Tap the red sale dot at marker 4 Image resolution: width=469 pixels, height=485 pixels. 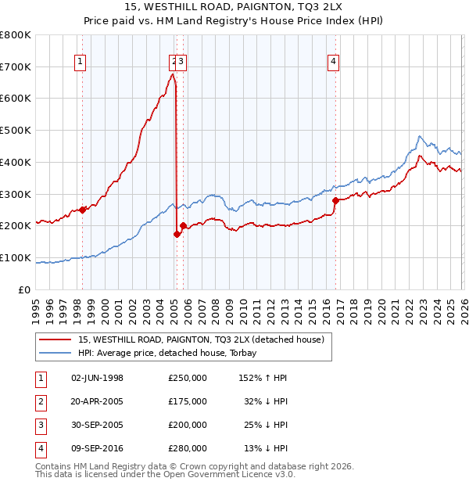tap(335, 200)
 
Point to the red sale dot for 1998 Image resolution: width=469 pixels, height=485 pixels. tap(83, 210)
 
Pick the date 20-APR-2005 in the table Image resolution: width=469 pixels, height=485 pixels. tap(98, 401)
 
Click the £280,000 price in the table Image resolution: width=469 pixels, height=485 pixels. tap(187, 448)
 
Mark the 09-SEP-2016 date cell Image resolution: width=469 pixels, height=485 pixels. tap(98, 448)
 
